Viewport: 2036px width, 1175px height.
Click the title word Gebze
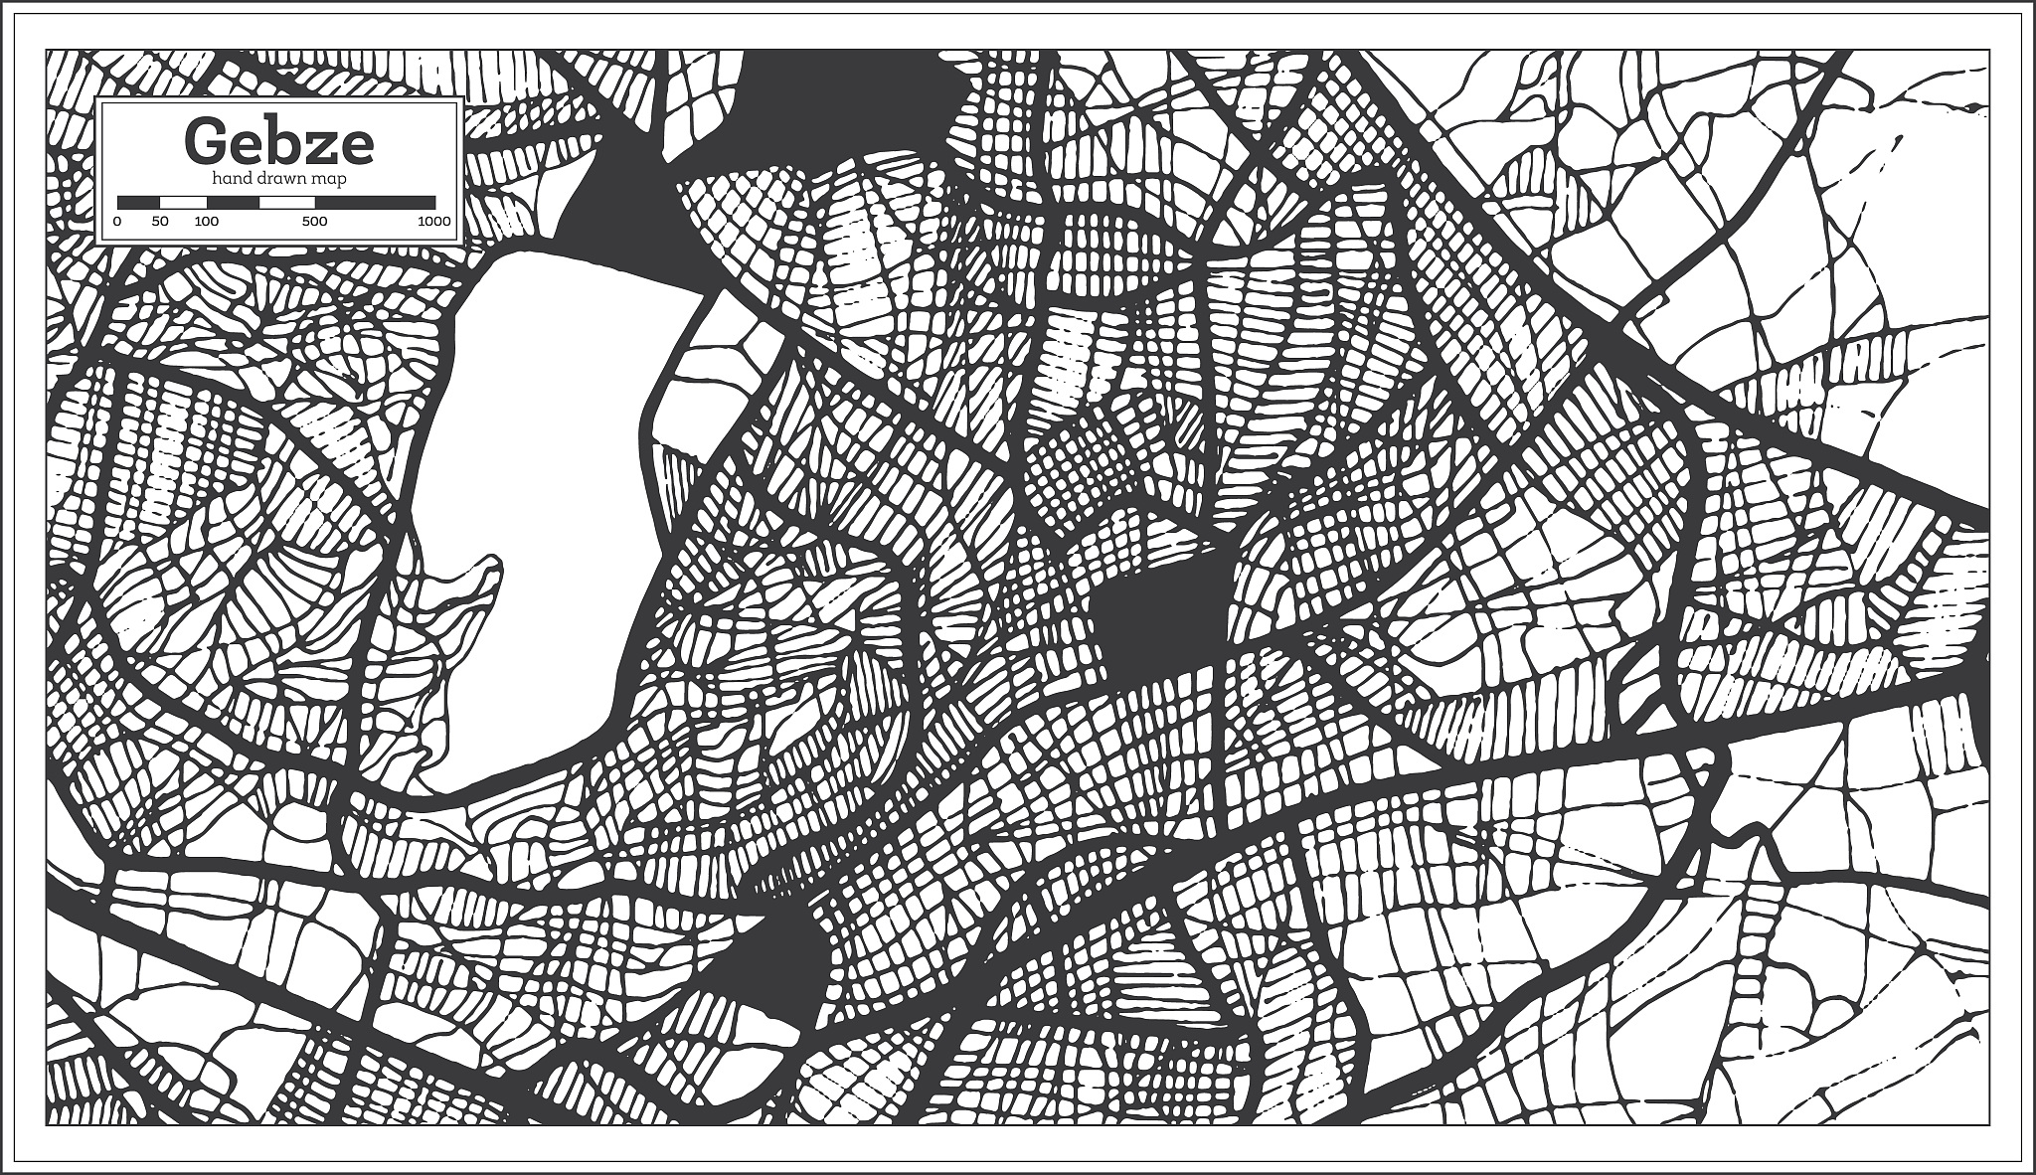point(278,141)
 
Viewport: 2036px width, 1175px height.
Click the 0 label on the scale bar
point(117,222)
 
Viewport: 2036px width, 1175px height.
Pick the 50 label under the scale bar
point(160,222)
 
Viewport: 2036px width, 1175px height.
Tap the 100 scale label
point(206,222)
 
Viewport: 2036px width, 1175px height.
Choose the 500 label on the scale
point(314,222)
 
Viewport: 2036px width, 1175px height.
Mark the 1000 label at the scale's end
point(434,222)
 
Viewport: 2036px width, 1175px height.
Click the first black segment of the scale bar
point(138,202)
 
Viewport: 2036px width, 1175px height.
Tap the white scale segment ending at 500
point(286,202)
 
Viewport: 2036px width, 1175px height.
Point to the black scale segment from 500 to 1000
point(375,202)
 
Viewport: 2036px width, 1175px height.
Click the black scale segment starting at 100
point(233,202)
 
